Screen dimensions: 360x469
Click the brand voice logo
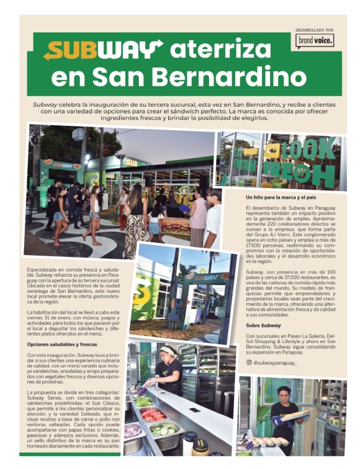pos(315,41)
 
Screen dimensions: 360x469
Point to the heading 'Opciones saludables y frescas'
pos(62,344)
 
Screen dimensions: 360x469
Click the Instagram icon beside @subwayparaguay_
pos(249,362)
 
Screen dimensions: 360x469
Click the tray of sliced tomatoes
pos(153,414)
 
